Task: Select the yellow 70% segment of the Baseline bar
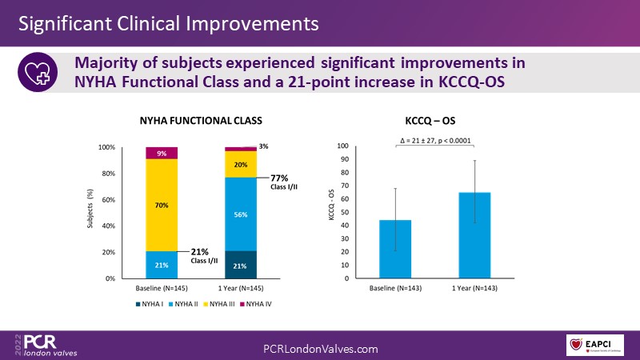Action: [x=161, y=205]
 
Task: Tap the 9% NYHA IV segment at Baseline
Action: [x=161, y=153]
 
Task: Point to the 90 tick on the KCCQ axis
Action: [x=344, y=160]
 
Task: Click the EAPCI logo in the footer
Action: [x=597, y=345]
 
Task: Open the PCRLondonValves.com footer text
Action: [x=320, y=349]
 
